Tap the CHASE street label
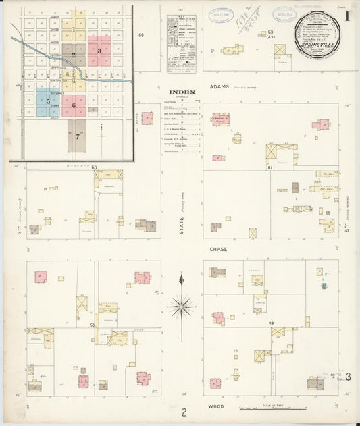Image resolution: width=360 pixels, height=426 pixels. coord(218,249)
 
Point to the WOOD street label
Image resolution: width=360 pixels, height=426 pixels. coord(216,408)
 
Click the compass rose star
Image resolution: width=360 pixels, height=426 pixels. coord(181,307)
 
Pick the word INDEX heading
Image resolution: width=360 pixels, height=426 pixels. coord(182,92)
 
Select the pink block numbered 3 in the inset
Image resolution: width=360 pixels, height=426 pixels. coord(99,51)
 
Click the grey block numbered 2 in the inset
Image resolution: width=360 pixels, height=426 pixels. coord(74,55)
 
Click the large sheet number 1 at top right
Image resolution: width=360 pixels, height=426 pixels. coord(347,15)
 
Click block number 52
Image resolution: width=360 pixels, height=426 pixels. coord(271,324)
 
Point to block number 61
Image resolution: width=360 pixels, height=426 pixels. coord(269,167)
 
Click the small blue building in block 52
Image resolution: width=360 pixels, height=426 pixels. coord(324,286)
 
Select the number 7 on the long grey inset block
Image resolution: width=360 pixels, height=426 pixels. coord(78,136)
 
